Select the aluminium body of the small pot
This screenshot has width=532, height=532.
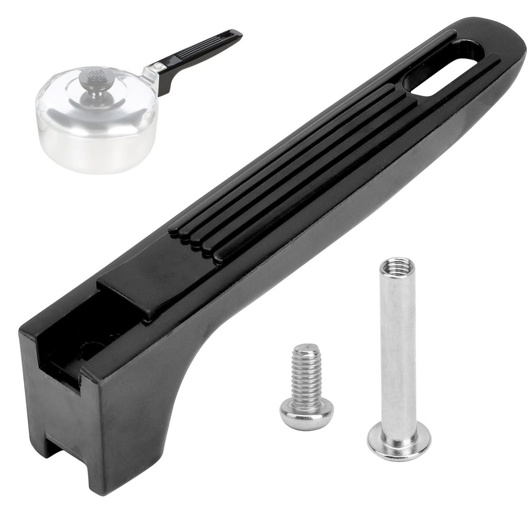96,144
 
